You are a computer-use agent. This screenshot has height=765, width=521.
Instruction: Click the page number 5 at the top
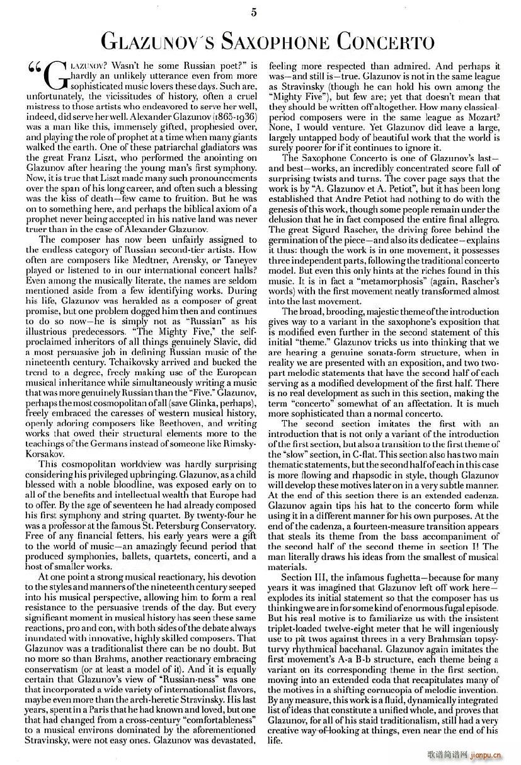(254, 11)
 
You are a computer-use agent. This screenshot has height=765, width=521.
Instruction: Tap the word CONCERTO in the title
(385, 42)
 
